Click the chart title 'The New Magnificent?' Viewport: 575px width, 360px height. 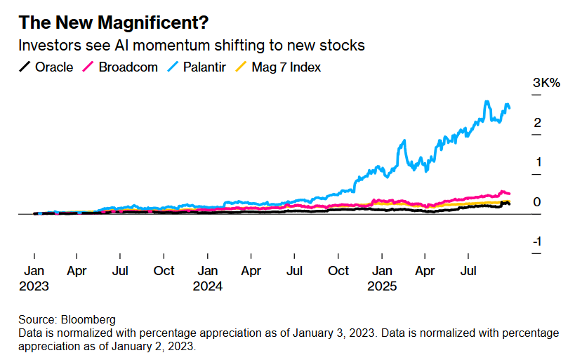(113, 22)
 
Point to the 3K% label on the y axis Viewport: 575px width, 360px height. (546, 83)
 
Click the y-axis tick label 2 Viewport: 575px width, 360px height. (537, 124)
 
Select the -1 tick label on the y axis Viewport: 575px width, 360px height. (537, 241)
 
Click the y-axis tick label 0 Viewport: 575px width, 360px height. (537, 202)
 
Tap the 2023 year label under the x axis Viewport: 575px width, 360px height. (34, 286)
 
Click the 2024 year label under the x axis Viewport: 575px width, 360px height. (209, 286)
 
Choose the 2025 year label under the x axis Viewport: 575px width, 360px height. (383, 286)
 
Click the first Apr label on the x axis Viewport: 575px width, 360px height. (77, 271)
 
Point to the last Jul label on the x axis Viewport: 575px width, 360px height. (469, 271)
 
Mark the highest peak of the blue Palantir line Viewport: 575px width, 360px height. (487, 102)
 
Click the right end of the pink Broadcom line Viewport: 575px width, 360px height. (509, 194)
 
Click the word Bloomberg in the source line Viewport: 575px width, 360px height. (88, 319)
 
